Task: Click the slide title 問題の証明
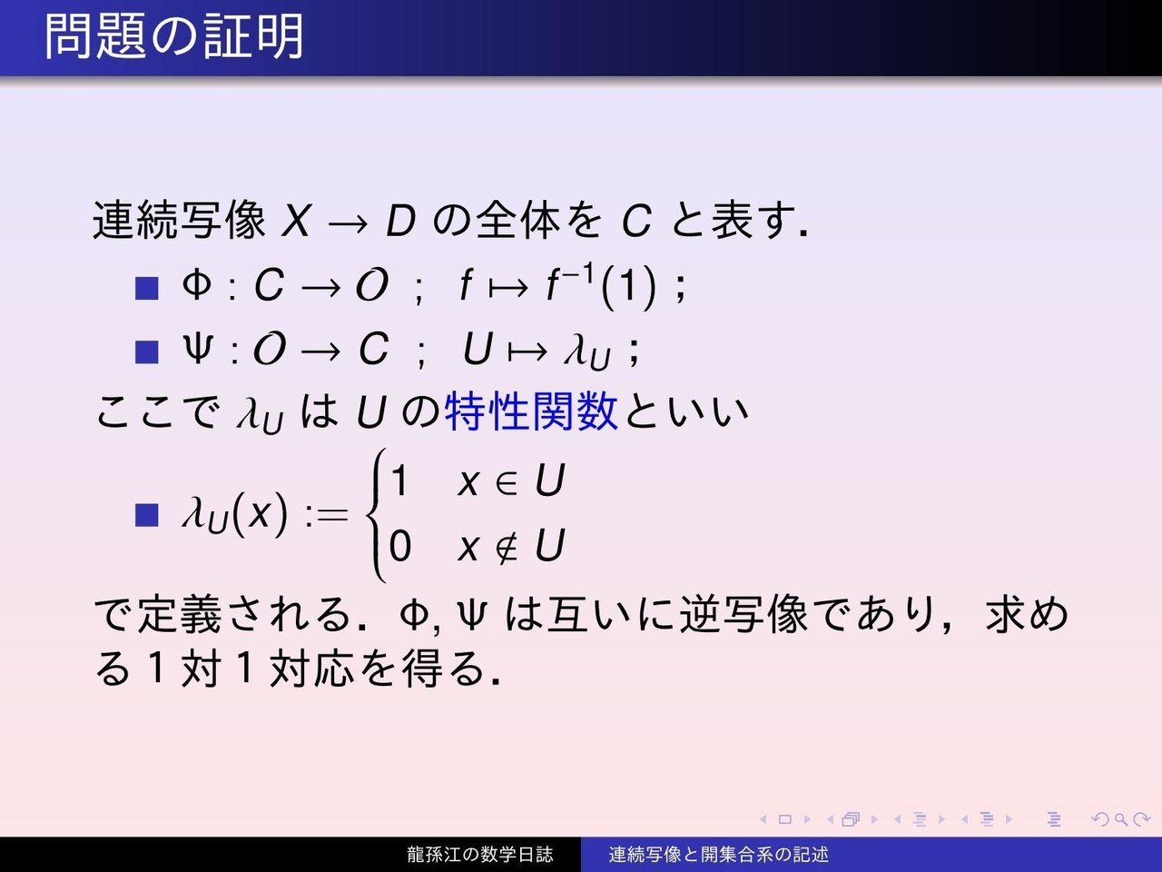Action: tap(173, 37)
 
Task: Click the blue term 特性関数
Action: tap(531, 411)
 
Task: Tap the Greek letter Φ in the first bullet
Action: tap(197, 287)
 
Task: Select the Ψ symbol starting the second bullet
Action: tap(197, 350)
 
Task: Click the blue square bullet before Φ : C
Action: tap(145, 289)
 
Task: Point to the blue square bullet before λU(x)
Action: tap(145, 515)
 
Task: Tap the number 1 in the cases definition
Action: tap(399, 481)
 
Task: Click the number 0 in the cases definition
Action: tap(399, 547)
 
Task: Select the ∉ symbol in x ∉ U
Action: tap(506, 547)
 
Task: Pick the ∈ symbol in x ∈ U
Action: tap(506, 482)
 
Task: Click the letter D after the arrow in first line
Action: tap(400, 221)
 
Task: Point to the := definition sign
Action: tap(326, 516)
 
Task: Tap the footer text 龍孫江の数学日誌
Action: tap(479, 855)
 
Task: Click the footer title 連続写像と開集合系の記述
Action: tap(718, 855)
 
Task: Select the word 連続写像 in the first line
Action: tap(179, 221)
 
